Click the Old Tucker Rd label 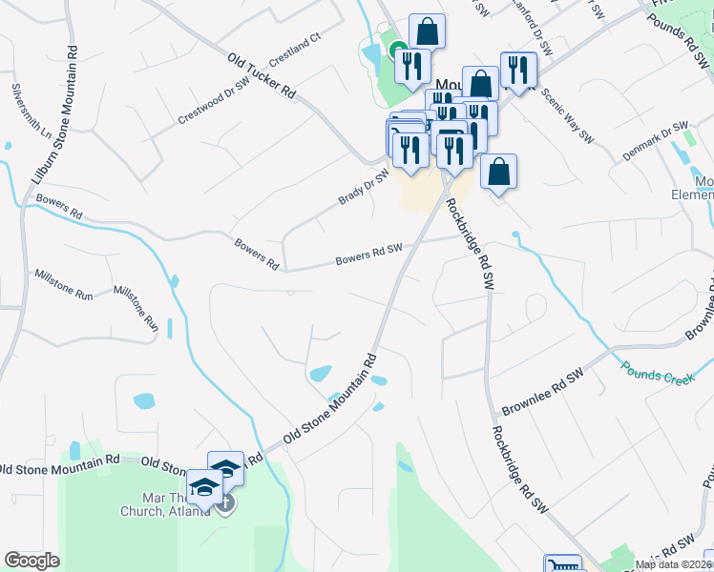click(262, 73)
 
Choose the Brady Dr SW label click(364, 186)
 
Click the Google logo click(31, 561)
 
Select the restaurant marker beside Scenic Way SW click(517, 69)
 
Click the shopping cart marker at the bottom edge click(562, 565)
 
